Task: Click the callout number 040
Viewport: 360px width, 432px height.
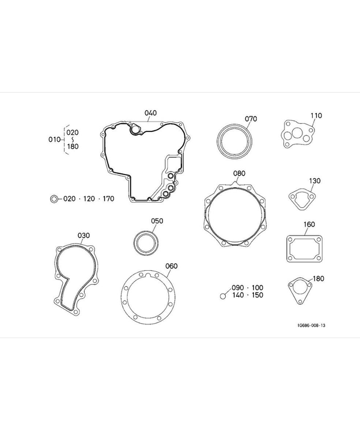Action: pos(151,113)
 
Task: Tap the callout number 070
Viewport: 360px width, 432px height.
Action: pos(251,119)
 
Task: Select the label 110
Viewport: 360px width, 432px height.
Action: pos(316,116)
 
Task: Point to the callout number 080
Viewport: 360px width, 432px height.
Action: pos(239,173)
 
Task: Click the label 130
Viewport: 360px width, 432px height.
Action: pos(314,181)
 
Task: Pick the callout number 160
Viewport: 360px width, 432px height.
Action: pos(309,225)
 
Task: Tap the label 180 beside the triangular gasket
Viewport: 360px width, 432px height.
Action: pos(319,279)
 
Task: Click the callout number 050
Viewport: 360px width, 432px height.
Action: pos(157,221)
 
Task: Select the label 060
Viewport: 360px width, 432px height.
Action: pos(171,266)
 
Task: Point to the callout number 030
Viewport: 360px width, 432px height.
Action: pos(84,236)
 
